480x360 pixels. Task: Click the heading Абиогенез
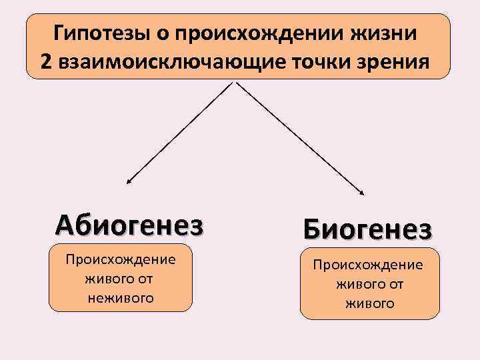130,225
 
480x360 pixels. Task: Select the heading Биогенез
368,230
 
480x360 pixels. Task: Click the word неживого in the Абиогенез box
120,298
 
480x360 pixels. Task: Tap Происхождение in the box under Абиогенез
120,259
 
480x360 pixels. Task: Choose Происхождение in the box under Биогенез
369,265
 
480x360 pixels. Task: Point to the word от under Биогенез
396,284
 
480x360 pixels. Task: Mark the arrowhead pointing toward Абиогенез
129,181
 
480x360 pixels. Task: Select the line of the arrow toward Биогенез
300,137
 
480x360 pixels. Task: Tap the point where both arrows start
235,82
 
